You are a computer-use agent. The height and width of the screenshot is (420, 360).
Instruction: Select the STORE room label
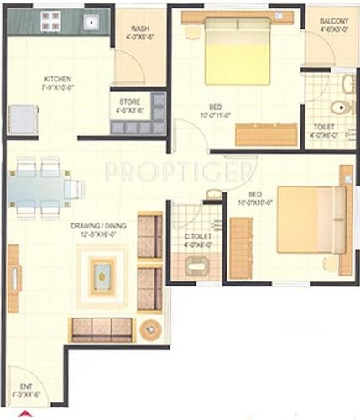[x=131, y=97]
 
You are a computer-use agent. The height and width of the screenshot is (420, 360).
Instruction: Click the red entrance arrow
[x=25, y=413]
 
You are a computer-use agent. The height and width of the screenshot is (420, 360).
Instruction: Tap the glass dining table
[x=39, y=189]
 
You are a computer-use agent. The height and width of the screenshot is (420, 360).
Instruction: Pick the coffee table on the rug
[x=103, y=276]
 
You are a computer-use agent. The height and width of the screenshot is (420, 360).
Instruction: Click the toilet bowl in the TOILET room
[x=341, y=108]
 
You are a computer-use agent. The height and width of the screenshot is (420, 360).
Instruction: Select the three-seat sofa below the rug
[x=101, y=328]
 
